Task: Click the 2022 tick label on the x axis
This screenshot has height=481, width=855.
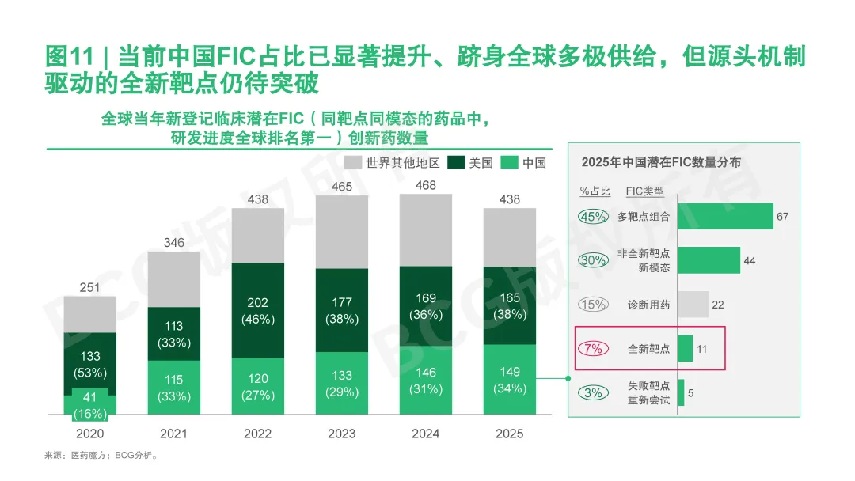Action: tap(258, 434)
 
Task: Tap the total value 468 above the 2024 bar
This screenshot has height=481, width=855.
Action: tap(426, 185)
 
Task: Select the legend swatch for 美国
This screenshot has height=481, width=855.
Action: tap(456, 163)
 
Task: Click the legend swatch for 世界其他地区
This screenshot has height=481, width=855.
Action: tap(354, 163)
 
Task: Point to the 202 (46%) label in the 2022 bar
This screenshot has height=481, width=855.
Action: tap(258, 310)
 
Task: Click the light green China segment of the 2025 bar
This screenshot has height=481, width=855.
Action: tap(510, 380)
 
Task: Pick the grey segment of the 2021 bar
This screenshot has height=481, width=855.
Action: tap(174, 278)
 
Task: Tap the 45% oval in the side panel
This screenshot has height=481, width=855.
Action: tap(594, 217)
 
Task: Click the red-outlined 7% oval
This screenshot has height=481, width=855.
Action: tap(594, 349)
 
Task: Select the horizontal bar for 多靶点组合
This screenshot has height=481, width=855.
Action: tap(724, 217)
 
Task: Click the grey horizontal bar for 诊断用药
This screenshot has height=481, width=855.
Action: tap(693, 305)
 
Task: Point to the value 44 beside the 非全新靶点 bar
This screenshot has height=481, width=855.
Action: tap(750, 261)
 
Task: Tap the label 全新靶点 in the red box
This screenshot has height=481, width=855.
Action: tap(648, 349)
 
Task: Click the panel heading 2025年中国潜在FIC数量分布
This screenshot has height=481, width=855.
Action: tap(661, 161)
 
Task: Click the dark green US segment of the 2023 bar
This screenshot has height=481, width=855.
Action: tap(342, 310)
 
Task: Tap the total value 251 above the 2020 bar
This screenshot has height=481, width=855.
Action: tap(90, 287)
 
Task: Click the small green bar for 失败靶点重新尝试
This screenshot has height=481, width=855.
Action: tap(681, 393)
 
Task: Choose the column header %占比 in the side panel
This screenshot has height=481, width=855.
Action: tap(595, 191)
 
